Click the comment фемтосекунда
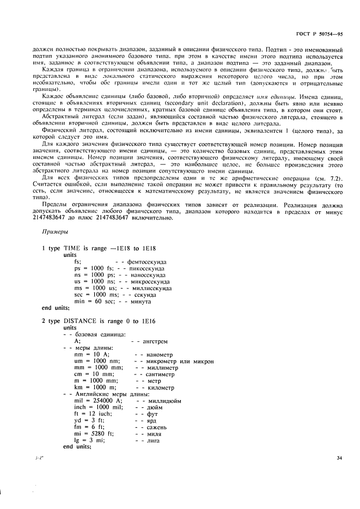pos(147,261)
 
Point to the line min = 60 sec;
pos(93,301)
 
